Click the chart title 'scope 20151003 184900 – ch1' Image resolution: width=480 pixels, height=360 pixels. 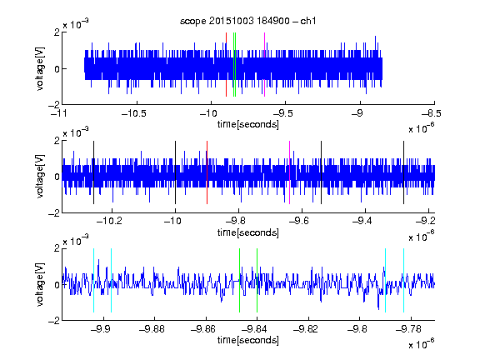[x=248, y=21]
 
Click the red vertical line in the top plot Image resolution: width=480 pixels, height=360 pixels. [x=226, y=64]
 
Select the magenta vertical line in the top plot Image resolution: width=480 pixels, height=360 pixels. [x=264, y=64]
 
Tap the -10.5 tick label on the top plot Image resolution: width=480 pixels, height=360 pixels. [x=134, y=114]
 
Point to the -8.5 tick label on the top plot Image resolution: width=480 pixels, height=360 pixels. [x=431, y=114]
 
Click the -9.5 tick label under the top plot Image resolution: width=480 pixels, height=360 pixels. [x=283, y=114]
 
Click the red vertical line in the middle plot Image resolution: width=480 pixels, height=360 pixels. [x=207, y=172]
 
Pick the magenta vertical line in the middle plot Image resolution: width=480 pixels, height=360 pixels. [x=290, y=172]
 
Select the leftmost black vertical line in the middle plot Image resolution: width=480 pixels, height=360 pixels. [x=93, y=172]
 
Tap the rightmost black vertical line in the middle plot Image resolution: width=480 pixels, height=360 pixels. [x=403, y=172]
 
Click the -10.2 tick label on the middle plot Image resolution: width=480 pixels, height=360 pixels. [x=109, y=221]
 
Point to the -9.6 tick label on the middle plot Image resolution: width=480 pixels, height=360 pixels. [x=298, y=221]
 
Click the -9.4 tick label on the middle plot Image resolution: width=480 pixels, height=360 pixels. [x=362, y=221]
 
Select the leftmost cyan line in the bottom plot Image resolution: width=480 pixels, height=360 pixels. [x=93, y=280]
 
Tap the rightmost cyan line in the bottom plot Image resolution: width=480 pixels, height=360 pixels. [x=403, y=280]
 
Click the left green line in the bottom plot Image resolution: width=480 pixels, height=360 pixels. [x=239, y=280]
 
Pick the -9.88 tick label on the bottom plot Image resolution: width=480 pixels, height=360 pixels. [x=152, y=329]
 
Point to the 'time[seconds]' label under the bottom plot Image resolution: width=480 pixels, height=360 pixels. [x=248, y=340]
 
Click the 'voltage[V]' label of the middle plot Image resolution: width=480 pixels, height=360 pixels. [x=40, y=177]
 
